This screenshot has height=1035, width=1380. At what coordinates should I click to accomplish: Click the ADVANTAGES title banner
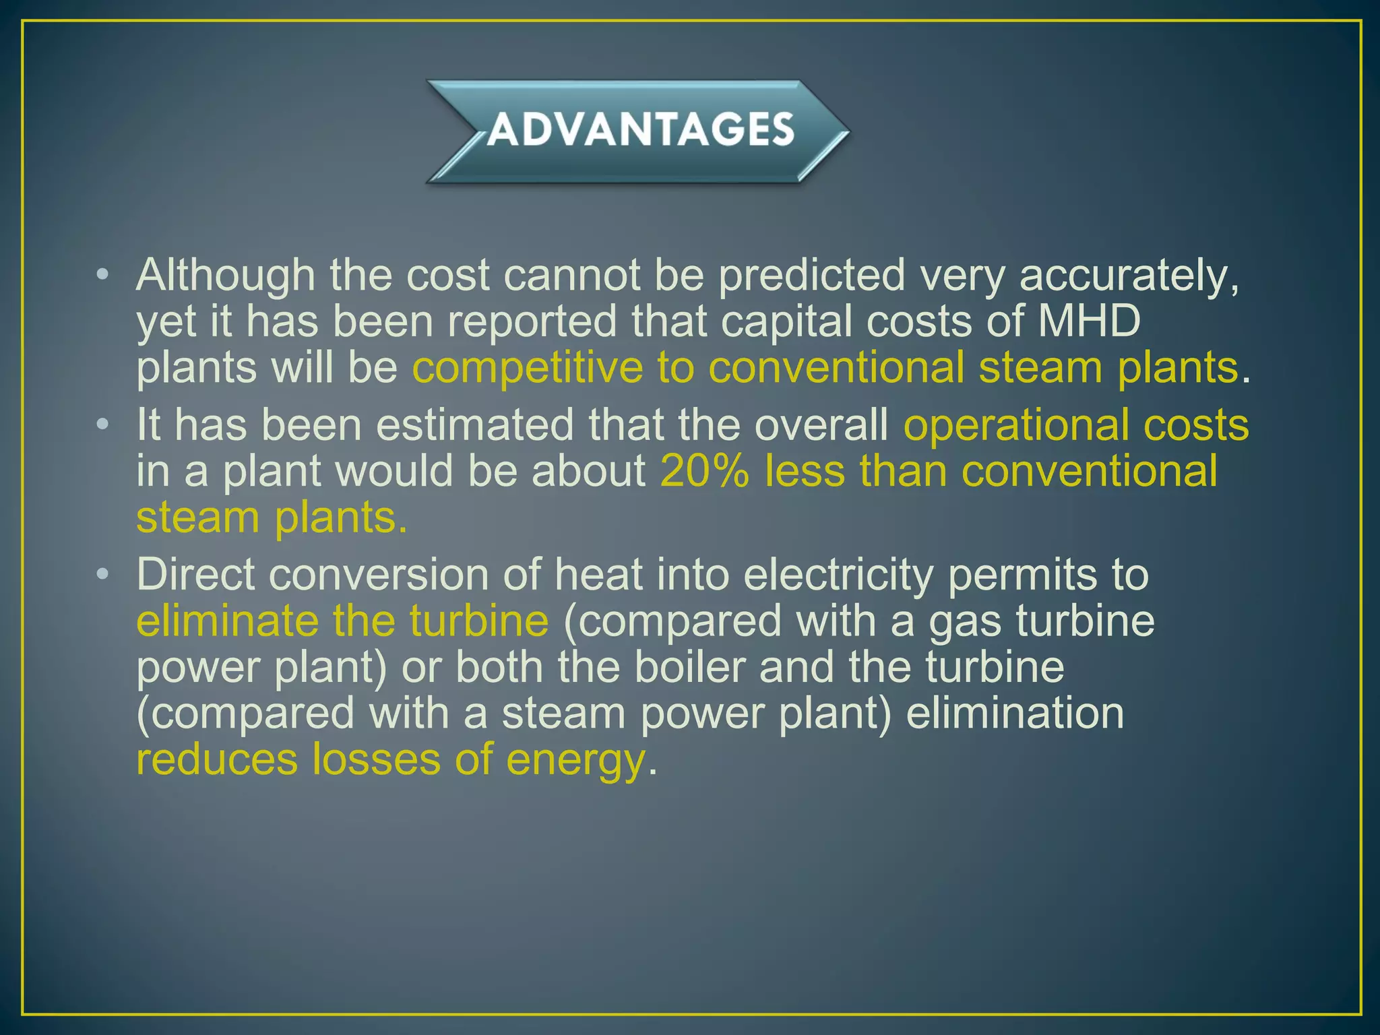point(639,130)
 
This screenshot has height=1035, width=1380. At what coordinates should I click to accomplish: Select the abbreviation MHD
point(1088,321)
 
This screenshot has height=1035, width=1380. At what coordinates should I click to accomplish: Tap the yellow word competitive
point(528,368)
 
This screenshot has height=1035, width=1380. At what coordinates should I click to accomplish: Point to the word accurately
point(1129,276)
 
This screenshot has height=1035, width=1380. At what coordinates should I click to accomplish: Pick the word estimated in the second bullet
point(474,425)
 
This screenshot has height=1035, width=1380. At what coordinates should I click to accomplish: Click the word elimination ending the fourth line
point(1015,713)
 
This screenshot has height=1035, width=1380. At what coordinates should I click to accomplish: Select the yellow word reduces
point(216,759)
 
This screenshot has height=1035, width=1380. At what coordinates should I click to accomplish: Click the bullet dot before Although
point(102,275)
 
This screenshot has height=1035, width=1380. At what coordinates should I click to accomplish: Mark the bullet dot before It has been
point(102,425)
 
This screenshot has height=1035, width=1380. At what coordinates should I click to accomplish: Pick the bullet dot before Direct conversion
point(102,574)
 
